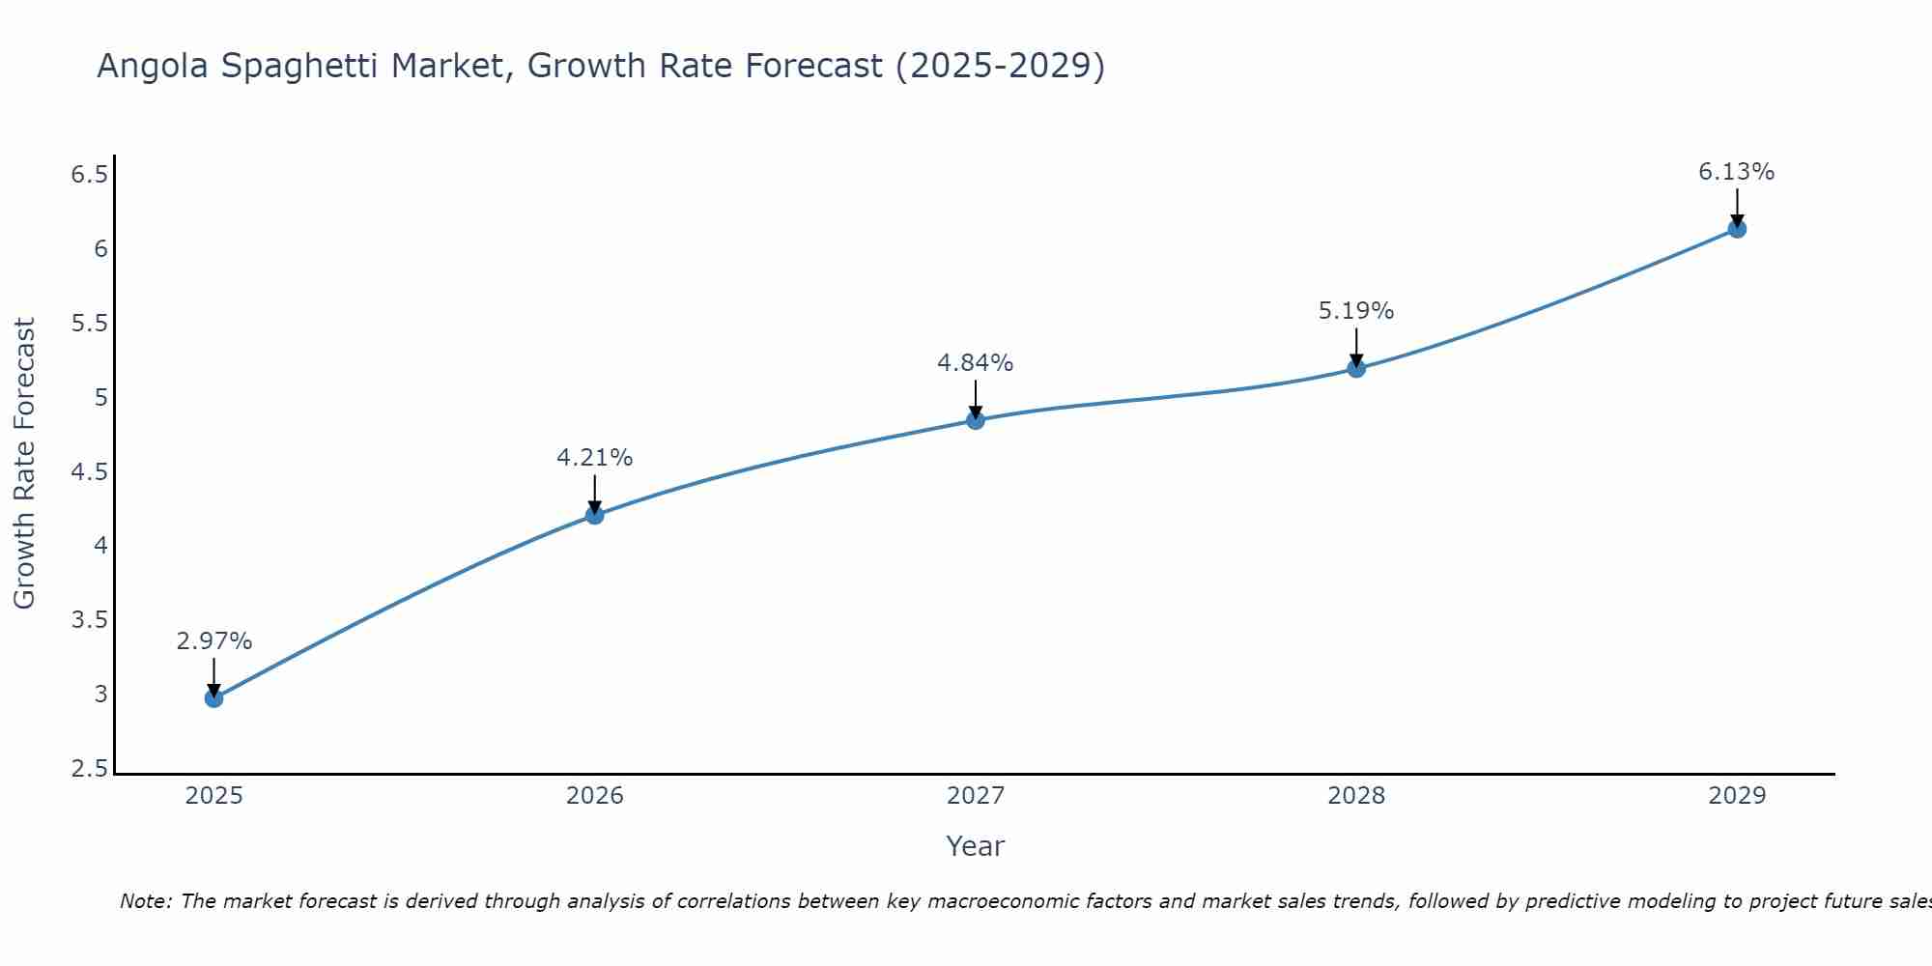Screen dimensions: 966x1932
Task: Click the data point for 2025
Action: [214, 698]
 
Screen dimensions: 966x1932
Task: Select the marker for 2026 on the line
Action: [595, 515]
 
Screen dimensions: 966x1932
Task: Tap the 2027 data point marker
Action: [976, 420]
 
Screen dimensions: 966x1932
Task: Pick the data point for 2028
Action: [1356, 368]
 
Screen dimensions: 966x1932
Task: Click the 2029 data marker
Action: [1737, 229]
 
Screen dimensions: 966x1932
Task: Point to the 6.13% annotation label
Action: [1736, 172]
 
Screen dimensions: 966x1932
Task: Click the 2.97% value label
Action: [214, 641]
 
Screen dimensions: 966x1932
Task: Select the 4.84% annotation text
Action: [975, 363]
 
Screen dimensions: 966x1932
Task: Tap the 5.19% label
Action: [1356, 311]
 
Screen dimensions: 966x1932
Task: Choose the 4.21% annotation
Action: [594, 458]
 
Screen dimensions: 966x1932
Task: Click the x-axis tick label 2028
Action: [1356, 796]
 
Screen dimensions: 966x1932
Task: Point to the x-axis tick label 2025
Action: [214, 796]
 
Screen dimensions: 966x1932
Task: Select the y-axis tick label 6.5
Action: [89, 175]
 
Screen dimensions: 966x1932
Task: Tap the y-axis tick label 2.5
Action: [89, 769]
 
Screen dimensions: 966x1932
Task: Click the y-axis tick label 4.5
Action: [89, 472]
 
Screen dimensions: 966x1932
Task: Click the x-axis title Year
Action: [975, 846]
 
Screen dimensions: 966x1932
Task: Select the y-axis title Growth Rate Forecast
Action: [24, 463]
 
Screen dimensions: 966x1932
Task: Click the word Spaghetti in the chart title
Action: [443, 67]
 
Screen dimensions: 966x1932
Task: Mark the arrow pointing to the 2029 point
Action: [1737, 206]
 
